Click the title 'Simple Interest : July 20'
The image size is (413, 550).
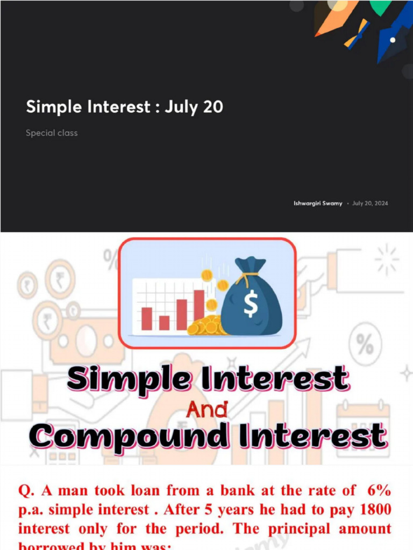124,107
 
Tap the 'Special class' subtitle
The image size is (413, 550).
52,133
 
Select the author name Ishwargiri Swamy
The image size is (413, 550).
318,204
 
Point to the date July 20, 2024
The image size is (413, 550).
370,204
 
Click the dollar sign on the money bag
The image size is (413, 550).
251,305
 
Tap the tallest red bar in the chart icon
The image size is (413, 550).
199,305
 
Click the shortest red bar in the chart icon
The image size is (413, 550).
164,323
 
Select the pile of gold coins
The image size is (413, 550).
206,325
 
